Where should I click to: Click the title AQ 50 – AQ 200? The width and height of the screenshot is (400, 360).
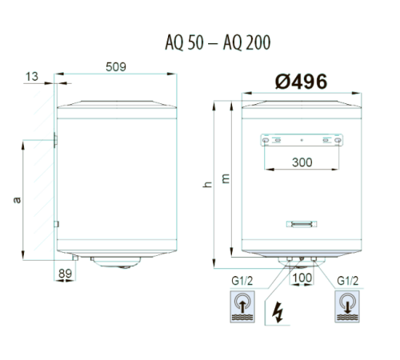(218, 42)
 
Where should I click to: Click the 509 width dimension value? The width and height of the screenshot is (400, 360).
(116, 67)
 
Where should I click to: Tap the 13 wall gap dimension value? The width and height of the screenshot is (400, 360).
(32, 77)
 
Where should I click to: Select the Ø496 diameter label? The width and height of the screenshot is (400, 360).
(301, 82)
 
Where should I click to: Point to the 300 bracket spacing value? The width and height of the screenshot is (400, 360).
(302, 162)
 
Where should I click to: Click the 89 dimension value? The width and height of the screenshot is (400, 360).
(65, 274)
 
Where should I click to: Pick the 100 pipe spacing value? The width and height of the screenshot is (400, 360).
(302, 278)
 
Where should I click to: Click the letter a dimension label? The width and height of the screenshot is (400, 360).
(17, 200)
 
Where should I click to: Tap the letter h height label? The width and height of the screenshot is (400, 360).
(207, 184)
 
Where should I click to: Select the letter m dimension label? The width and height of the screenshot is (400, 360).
(226, 178)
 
